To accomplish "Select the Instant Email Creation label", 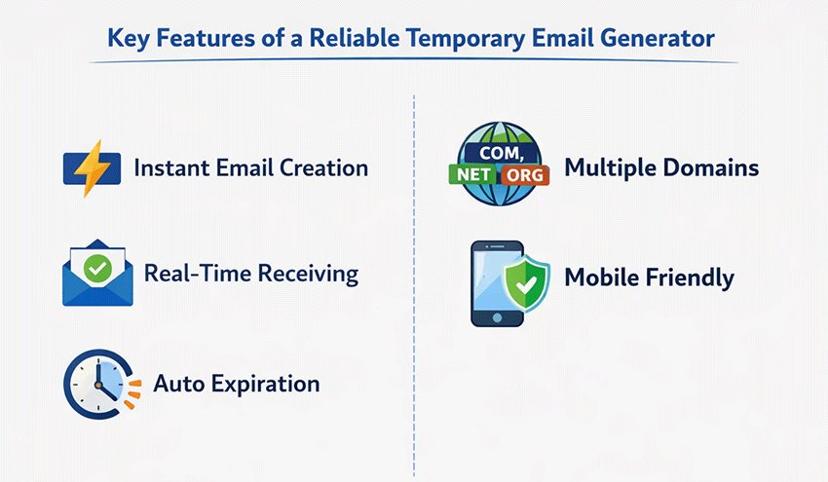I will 250,167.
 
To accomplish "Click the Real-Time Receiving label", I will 251,273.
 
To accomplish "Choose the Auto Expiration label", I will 237,384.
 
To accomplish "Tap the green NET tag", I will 470,176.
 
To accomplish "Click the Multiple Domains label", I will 661,167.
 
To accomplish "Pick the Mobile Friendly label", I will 649,278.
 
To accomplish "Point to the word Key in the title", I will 128,38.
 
